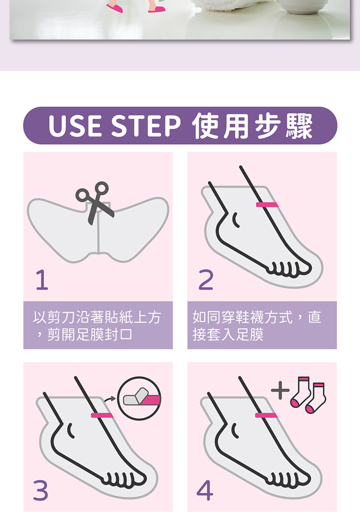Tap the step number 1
coord(42,280)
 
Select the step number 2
coord(206,280)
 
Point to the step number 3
coord(41,490)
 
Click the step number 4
coord(205,490)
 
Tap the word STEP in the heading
coord(146,127)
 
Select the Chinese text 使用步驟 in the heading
coord(252,126)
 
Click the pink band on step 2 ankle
coord(267,205)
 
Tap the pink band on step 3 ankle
coord(102,415)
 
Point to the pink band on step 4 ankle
coord(266,415)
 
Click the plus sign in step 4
coord(280,390)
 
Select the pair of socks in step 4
coord(308,395)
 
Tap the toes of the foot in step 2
coord(289,269)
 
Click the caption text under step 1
coord(97,326)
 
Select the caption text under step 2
coord(257,326)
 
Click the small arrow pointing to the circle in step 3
coord(110,399)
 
